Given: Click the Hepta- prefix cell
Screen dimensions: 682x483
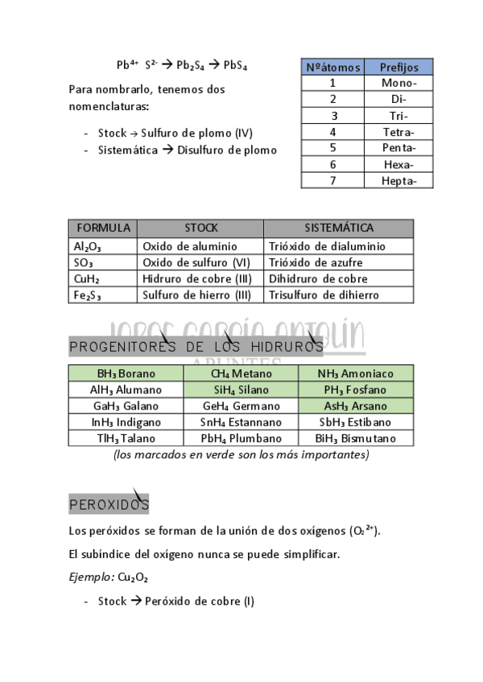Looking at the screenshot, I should pyautogui.click(x=398, y=180).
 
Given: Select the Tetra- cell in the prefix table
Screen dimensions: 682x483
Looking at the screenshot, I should pyautogui.click(x=398, y=131).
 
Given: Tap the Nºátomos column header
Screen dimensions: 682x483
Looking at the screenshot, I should pyautogui.click(x=333, y=67).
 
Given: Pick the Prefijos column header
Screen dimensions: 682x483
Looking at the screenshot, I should pyautogui.click(x=398, y=67).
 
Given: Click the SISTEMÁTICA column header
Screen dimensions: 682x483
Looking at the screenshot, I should pyautogui.click(x=338, y=228).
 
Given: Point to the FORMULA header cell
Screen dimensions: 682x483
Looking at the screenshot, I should pyautogui.click(x=103, y=228).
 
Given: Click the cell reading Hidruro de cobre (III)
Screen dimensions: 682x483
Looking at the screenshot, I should pyautogui.click(x=197, y=278).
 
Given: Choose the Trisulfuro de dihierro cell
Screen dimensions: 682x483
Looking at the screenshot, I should pyautogui.click(x=324, y=295).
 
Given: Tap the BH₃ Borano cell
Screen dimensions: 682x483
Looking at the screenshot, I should pyautogui.click(x=126, y=373).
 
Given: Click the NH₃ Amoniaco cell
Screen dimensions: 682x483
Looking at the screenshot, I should pyautogui.click(x=356, y=373).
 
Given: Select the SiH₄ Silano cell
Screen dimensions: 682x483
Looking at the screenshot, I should pyautogui.click(x=241, y=390).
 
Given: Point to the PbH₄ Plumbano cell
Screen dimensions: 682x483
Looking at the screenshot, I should pyautogui.click(x=241, y=438).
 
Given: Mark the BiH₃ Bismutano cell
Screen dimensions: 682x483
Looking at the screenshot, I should pyautogui.click(x=356, y=438).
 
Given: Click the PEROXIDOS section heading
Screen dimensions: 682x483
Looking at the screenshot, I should pyautogui.click(x=109, y=504).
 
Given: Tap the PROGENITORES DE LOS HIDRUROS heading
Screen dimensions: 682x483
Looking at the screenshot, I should pyautogui.click(x=196, y=347).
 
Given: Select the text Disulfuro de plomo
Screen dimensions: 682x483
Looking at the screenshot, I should pyautogui.click(x=227, y=150).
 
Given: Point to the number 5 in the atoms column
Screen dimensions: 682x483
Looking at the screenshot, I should pyautogui.click(x=333, y=147).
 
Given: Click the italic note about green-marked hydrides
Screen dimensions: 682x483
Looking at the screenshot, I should pyautogui.click(x=242, y=454).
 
